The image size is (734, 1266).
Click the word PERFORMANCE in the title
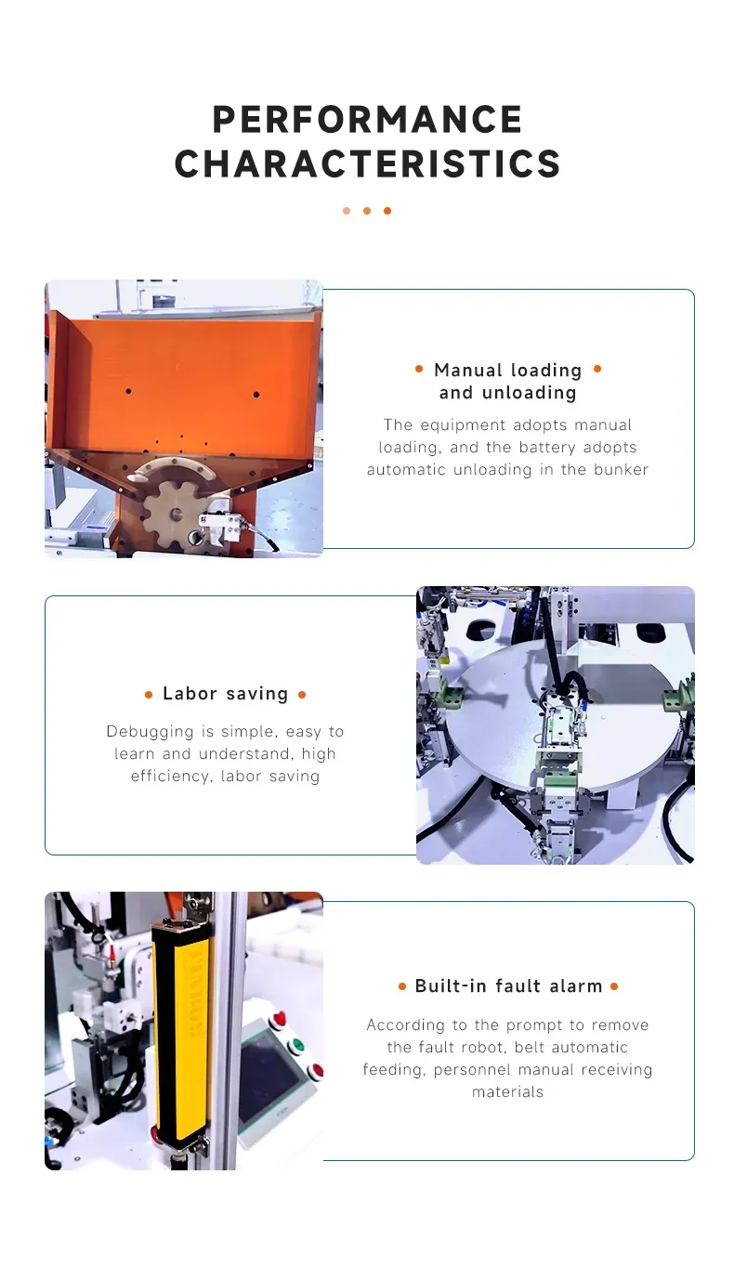367,119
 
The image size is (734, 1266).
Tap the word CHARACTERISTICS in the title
367,163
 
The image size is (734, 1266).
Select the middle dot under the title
367,211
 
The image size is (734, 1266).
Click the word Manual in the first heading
467,371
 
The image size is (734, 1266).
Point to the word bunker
621,470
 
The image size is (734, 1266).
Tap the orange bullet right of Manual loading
597,369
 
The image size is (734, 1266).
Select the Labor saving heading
226,694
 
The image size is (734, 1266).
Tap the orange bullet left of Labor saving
149,695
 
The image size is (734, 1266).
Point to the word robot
482,1048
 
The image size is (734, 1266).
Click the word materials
508,1092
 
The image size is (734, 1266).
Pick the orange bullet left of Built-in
402,986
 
